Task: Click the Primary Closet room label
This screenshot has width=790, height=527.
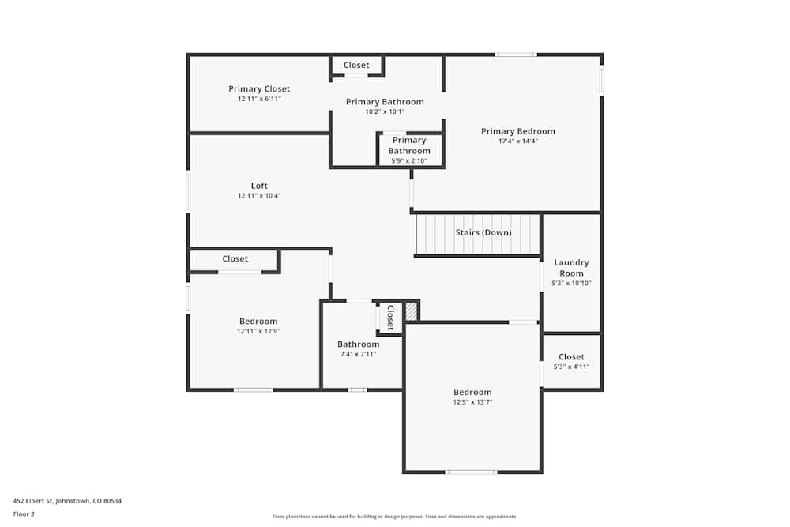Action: [x=259, y=89]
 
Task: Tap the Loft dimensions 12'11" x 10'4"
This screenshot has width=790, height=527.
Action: [x=259, y=196]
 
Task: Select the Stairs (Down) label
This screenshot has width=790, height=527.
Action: [x=483, y=232]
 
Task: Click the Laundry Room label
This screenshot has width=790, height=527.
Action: [x=571, y=268]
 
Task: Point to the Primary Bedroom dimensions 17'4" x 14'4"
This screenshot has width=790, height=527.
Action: [x=517, y=141]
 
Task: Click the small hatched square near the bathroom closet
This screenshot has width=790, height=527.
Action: [x=411, y=311]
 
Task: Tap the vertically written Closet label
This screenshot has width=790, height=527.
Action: [x=389, y=317]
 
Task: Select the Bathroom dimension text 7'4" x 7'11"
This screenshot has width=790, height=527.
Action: [x=358, y=354]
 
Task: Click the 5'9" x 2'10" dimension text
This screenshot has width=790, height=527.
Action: [x=409, y=161]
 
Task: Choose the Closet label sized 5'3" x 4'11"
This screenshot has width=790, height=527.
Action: [x=571, y=357]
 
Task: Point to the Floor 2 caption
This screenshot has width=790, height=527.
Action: [x=24, y=514]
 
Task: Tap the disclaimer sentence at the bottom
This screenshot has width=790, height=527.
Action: [x=395, y=516]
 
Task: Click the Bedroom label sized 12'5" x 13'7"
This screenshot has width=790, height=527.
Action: [x=472, y=392]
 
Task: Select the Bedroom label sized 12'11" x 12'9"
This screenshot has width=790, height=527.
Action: [x=258, y=321]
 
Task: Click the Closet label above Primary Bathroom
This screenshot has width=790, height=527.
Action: [x=356, y=66]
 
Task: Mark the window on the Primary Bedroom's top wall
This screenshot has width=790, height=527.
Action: [x=516, y=55]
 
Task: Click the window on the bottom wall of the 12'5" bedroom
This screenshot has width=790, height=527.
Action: [x=472, y=472]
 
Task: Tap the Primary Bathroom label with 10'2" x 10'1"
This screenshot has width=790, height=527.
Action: [x=385, y=102]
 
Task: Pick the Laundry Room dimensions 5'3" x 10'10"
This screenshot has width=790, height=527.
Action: [x=571, y=283]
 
